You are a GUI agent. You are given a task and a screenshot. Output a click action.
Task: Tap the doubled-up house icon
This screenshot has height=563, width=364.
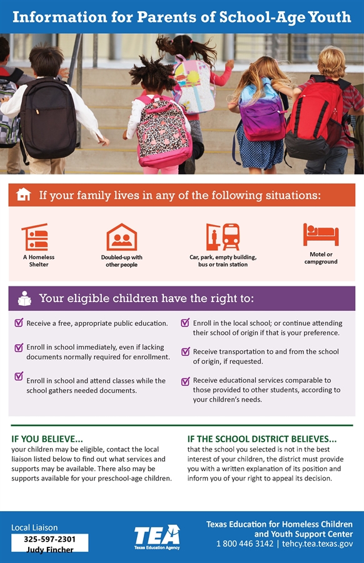point(122,237)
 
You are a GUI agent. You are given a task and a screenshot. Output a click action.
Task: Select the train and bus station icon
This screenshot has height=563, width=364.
point(223,237)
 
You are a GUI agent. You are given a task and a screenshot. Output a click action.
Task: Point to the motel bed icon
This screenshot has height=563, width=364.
point(321,235)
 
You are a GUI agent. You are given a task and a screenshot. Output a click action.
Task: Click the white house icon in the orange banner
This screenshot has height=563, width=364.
point(24,195)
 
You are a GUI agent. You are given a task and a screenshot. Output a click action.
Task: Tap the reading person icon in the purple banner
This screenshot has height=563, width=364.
point(24,298)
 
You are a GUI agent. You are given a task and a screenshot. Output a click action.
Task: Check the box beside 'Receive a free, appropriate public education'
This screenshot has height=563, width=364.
point(19,323)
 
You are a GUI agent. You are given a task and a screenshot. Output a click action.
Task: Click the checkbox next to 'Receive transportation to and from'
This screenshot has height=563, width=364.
point(185,352)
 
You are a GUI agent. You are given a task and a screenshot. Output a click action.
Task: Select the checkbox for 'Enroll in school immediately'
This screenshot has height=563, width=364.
point(19,347)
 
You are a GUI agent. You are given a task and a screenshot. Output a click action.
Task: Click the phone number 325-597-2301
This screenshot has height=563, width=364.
point(50,539)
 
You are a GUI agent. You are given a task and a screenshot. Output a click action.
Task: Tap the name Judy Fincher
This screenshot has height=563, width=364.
point(50,550)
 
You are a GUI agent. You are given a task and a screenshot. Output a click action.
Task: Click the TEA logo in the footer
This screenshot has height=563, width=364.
point(156,536)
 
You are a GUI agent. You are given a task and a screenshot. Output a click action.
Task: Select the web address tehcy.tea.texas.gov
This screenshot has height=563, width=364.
point(318,544)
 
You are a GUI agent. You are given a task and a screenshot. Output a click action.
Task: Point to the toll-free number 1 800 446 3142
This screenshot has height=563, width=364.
point(245,544)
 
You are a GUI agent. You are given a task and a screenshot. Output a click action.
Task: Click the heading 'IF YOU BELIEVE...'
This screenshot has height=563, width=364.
point(48,439)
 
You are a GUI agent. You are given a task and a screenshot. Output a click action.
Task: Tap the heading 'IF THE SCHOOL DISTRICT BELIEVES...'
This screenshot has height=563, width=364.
point(262,439)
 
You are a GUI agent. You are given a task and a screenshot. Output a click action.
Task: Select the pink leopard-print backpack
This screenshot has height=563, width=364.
point(164,132)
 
